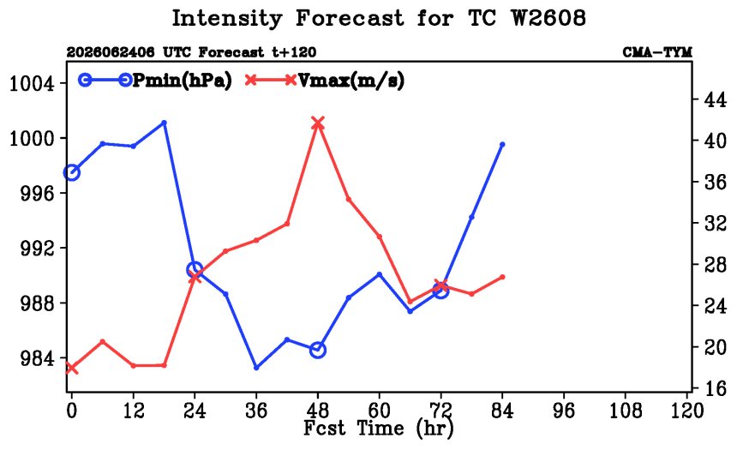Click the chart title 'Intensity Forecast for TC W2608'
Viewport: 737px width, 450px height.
pos(379,18)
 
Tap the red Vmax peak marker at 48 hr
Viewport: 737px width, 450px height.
pos(318,123)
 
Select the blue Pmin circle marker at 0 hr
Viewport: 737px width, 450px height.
pos(71,172)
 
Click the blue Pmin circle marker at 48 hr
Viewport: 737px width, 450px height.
pos(318,350)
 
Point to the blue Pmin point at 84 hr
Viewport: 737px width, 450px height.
pos(502,144)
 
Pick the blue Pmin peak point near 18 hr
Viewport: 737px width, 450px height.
pos(164,123)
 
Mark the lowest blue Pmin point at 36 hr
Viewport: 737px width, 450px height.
pos(256,367)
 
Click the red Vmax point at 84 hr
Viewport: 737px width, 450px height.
pos(502,277)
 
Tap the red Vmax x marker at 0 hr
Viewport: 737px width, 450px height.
pos(71,368)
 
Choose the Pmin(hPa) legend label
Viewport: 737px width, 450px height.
pos(183,81)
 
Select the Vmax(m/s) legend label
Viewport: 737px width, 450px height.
pos(351,81)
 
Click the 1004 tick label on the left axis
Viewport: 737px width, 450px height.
pos(32,84)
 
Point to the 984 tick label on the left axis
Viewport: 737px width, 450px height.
pos(38,358)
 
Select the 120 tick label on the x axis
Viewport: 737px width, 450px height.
pos(686,411)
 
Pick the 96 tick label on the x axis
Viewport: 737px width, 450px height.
pos(564,411)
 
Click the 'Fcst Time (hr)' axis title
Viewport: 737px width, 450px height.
pos(379,428)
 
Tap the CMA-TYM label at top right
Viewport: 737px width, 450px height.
pos(657,51)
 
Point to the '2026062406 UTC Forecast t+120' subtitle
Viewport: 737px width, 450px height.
pos(191,51)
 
